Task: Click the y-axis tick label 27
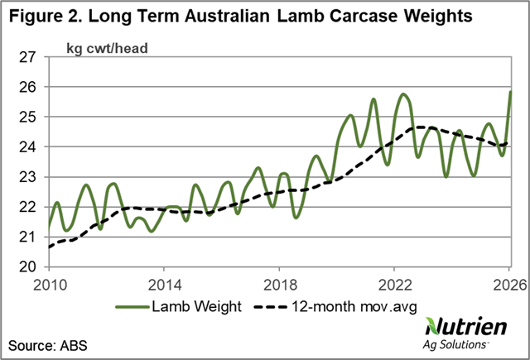click(x=27, y=57)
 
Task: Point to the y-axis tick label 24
click(x=27, y=147)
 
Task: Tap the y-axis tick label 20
click(x=27, y=266)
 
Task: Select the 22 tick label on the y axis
click(x=27, y=207)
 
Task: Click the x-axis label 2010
click(x=50, y=286)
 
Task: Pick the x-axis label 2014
click(x=165, y=286)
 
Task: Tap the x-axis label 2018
click(x=280, y=286)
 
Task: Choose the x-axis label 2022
click(x=395, y=286)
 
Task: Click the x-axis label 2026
click(x=510, y=286)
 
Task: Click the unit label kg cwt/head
click(x=107, y=49)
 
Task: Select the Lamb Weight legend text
click(x=197, y=307)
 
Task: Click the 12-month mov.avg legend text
click(x=354, y=307)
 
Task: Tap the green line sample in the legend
click(x=132, y=307)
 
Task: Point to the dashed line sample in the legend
click(x=271, y=307)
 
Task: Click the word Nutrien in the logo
click(x=466, y=326)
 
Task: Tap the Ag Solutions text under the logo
click(x=455, y=345)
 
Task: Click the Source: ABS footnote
click(x=48, y=346)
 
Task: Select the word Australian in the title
click(x=227, y=16)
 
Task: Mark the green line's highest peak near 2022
click(x=403, y=94)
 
